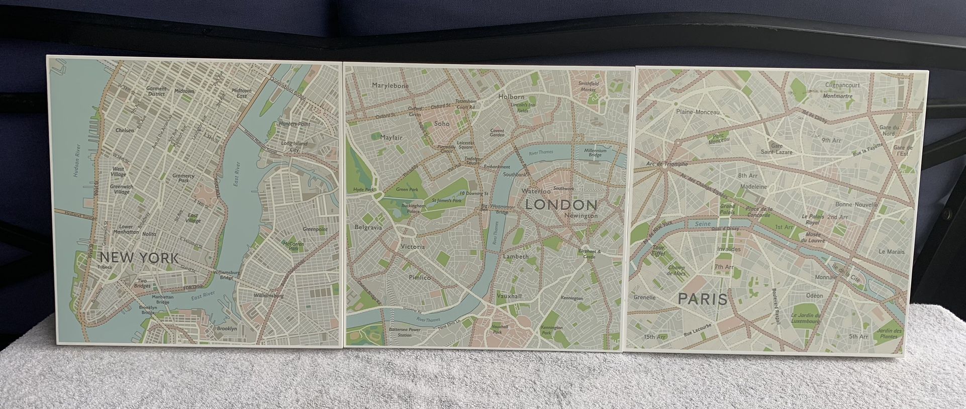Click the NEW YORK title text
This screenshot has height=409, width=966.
pos(139,258)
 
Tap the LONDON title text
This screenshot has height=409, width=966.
pos(561,204)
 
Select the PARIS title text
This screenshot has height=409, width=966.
pos(703,299)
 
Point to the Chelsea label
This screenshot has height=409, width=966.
pos(125,130)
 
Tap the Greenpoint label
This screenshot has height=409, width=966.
pos(315,229)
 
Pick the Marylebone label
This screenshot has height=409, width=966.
pos(390,86)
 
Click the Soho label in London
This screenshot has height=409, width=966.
pos(442,124)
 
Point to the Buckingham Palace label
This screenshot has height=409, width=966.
pos(413,209)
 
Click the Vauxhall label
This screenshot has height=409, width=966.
pos(509,296)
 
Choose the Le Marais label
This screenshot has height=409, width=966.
pos(891,252)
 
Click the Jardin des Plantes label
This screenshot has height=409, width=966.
pos(889,333)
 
